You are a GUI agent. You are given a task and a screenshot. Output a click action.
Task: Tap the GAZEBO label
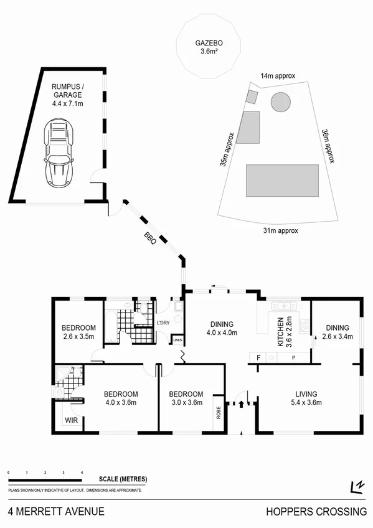(x=208, y=44)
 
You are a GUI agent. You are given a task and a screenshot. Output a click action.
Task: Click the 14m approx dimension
(x=277, y=75)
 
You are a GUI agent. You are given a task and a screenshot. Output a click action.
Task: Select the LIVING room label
(x=307, y=394)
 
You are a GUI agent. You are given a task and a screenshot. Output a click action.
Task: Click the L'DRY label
(x=164, y=323)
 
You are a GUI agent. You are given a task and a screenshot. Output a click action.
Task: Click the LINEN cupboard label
(x=178, y=340)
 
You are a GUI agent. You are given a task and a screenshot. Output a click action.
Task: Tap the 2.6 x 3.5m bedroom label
(x=78, y=332)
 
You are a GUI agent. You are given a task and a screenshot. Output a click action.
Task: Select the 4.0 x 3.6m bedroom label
(x=121, y=398)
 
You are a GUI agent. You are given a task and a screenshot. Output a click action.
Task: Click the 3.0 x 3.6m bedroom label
(x=186, y=398)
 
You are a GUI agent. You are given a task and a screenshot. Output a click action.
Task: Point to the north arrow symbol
(x=357, y=486)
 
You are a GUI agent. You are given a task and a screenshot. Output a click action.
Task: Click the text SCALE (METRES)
(x=123, y=479)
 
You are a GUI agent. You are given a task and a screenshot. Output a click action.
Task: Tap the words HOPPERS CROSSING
(x=316, y=512)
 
